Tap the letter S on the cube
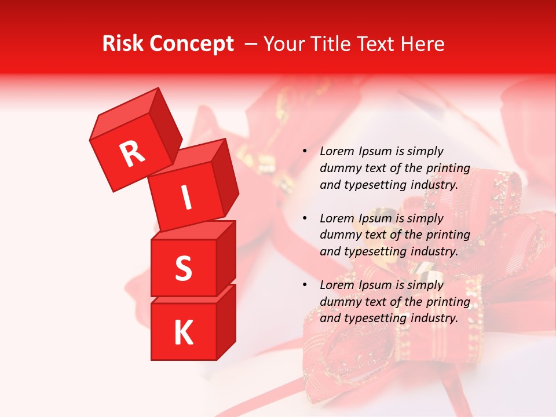point(183,268)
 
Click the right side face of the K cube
point(226,321)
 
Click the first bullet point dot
point(305,151)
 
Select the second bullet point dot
point(305,218)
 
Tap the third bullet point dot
point(305,285)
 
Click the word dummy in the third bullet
point(339,301)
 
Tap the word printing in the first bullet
point(448,168)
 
